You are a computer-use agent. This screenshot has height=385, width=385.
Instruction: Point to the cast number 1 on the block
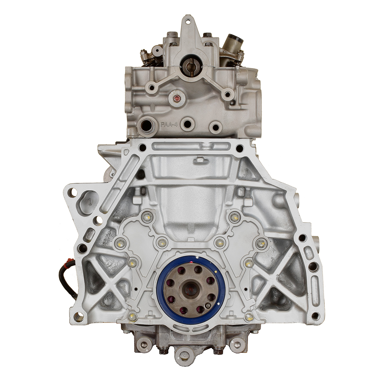coord(90,202)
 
